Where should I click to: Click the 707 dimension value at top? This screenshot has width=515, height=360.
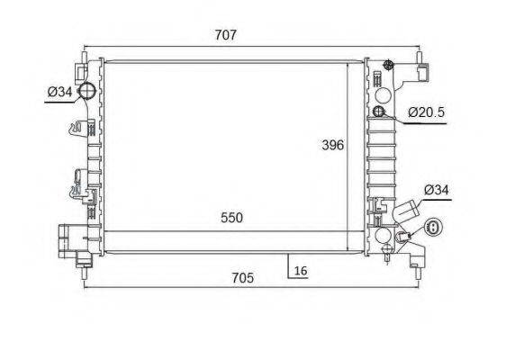click(x=226, y=35)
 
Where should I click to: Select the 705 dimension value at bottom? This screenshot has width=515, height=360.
click(x=243, y=278)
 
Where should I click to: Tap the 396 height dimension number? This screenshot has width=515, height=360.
click(x=333, y=145)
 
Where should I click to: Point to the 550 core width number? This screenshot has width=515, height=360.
click(x=231, y=218)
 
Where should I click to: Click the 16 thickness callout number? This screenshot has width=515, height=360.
click(x=301, y=271)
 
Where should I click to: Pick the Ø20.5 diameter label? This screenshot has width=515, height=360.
click(x=426, y=112)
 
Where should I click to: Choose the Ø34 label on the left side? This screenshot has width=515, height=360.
click(x=59, y=92)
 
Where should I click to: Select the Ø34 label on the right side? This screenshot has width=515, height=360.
click(x=436, y=190)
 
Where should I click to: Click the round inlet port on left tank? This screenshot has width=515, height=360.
click(x=86, y=90)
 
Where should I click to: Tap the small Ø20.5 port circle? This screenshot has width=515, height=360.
click(x=379, y=112)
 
